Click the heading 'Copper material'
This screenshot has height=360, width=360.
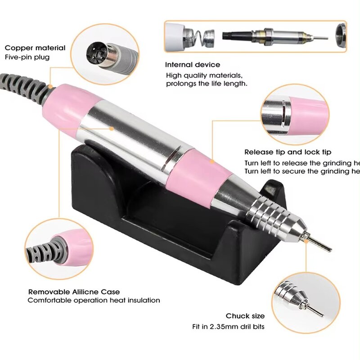coord(35,48)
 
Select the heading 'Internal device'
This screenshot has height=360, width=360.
coord(193,65)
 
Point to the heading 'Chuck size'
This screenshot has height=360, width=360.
coord(245,316)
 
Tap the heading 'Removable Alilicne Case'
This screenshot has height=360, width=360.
coord(74,292)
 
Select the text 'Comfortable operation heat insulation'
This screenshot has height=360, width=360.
coord(94,301)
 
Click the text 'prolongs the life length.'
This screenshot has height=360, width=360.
coord(206,84)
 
